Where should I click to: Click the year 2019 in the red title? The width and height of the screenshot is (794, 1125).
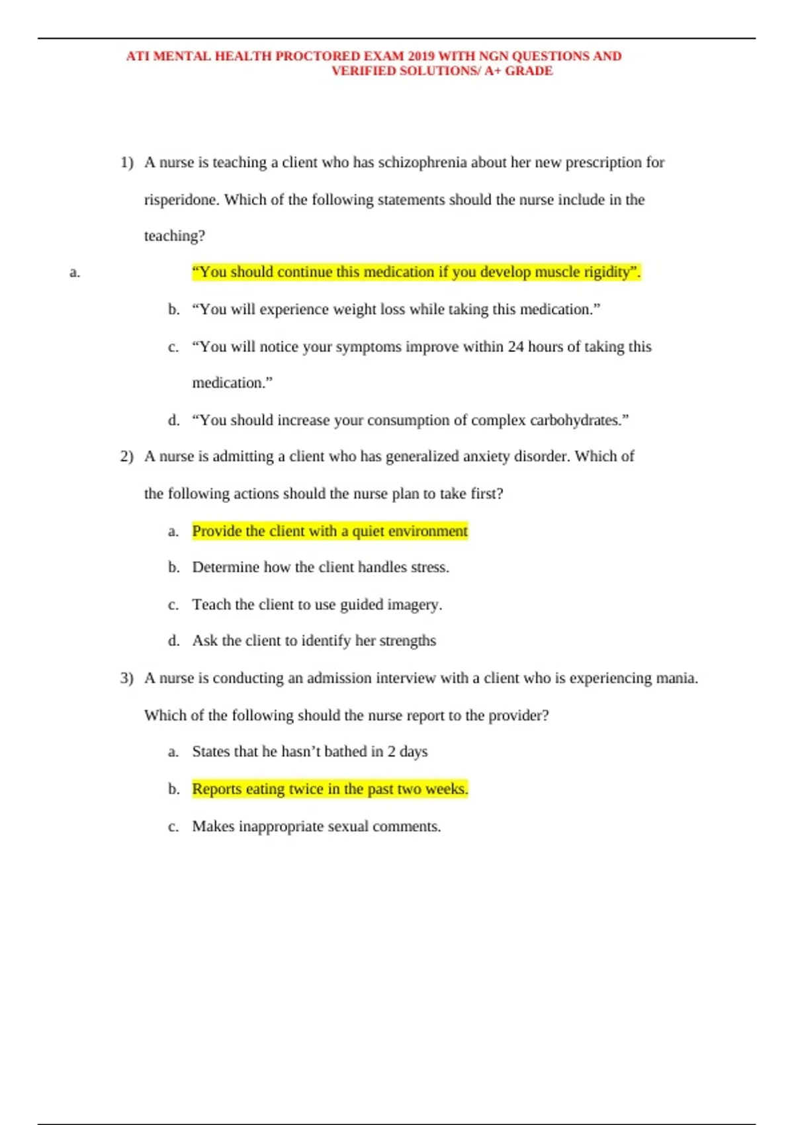click(x=421, y=56)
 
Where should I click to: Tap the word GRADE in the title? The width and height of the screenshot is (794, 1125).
click(x=529, y=71)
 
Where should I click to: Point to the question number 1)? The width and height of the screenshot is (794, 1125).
click(x=126, y=162)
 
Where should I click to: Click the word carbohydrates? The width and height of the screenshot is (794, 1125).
click(x=576, y=420)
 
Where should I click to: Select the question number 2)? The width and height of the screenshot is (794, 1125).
click(x=126, y=456)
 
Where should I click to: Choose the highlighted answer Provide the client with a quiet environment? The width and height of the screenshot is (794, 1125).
click(x=330, y=531)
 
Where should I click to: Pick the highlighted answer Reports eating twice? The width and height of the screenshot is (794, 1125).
click(x=330, y=789)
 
